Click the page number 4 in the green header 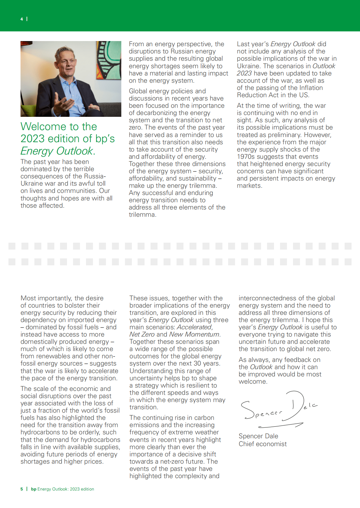pyautogui.click(x=22, y=19)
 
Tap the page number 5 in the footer pyautogui.click(x=22, y=489)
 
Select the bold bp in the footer pyautogui.click(x=33, y=489)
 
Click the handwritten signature pyautogui.click(x=278, y=409)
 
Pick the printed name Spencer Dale pyautogui.click(x=258, y=436)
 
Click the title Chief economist pyautogui.click(x=263, y=444)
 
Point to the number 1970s pyautogui.click(x=247, y=157)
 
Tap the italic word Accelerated pyautogui.click(x=194, y=327)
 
